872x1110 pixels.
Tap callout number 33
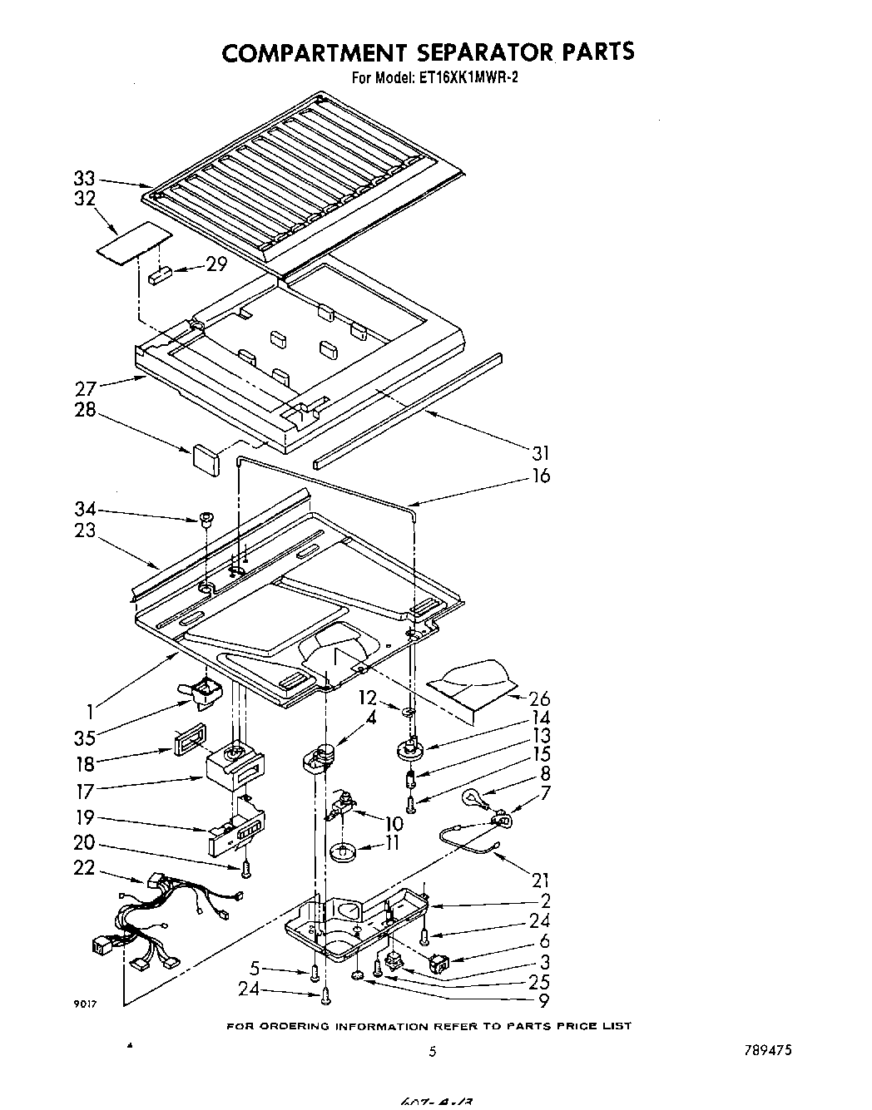click(x=85, y=179)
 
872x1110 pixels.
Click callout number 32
click(x=85, y=199)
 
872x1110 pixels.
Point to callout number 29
click(x=216, y=266)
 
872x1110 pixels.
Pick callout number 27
click(x=87, y=387)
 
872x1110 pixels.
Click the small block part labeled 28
click(x=205, y=460)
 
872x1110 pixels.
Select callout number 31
click(x=541, y=453)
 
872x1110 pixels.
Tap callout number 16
click(x=541, y=476)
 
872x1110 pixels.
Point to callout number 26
click(x=540, y=698)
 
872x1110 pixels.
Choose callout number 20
click(x=85, y=842)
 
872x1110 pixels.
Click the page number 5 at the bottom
click(x=432, y=1051)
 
